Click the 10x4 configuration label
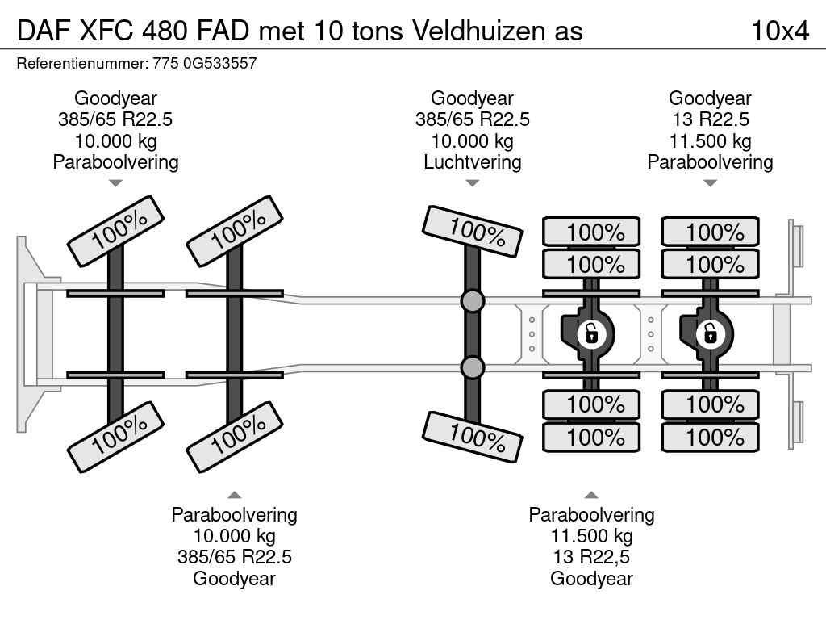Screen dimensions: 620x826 [x=779, y=31]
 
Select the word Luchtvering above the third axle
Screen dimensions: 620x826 [x=472, y=161]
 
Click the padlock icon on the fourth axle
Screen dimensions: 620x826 [x=591, y=333]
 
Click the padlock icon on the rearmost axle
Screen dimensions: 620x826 [x=710, y=333]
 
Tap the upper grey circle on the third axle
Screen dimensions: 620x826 [x=473, y=302]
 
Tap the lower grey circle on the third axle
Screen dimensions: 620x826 [x=473, y=368]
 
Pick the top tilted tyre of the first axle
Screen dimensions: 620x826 [x=116, y=231]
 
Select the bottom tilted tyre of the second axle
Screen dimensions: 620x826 [x=235, y=436]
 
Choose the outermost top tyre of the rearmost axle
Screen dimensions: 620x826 [x=710, y=232]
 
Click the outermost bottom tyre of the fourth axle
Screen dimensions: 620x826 [x=591, y=438]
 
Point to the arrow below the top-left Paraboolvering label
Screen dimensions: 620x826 [x=115, y=183]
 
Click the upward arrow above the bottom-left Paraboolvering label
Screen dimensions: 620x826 [x=234, y=495]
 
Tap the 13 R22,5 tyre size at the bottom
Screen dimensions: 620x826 [x=591, y=557]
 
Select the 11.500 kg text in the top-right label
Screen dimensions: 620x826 [x=710, y=141]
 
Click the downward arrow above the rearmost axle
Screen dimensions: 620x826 [x=710, y=183]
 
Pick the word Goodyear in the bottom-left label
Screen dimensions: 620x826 [x=234, y=578]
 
